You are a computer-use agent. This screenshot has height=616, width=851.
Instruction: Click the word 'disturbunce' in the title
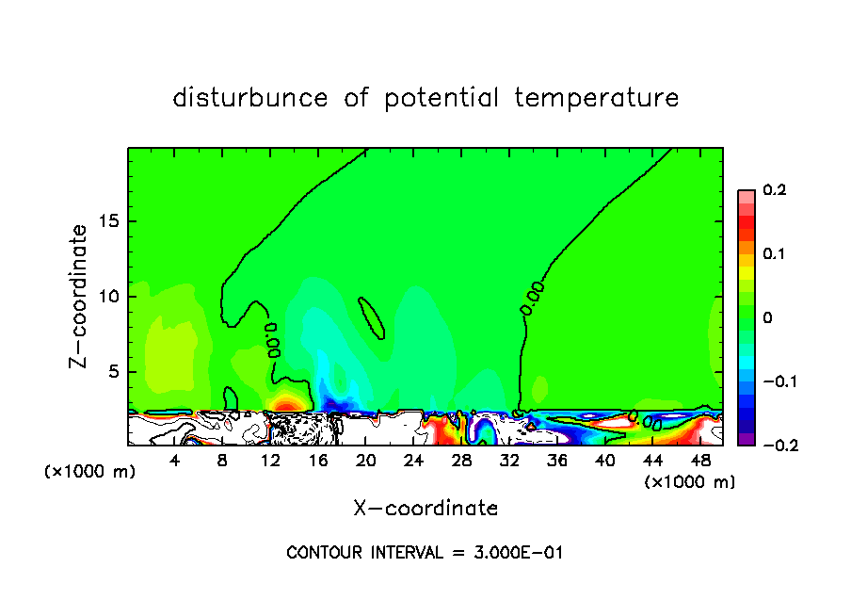[250, 98]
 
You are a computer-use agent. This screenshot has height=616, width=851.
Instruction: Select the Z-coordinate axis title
[81, 296]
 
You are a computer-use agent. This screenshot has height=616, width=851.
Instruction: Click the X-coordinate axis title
[425, 509]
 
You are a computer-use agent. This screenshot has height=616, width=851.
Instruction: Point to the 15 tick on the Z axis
[106, 221]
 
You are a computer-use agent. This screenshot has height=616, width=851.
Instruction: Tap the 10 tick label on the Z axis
[106, 297]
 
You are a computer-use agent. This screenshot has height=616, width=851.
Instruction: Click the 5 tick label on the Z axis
[111, 372]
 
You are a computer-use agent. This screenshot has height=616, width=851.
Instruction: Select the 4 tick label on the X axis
[175, 461]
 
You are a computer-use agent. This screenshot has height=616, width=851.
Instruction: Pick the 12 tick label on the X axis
[270, 461]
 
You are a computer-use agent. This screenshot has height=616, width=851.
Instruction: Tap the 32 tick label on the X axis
[508, 461]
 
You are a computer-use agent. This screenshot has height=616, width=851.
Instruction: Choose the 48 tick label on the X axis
[699, 461]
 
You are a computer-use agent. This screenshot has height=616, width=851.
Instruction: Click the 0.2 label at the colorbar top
[775, 190]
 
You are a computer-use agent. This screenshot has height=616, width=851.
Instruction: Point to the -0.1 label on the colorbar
[775, 381]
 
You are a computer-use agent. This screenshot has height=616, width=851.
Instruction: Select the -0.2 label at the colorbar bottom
[775, 445]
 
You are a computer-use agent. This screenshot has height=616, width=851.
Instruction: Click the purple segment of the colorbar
[746, 439]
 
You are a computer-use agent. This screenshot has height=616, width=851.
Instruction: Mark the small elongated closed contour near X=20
[372, 316]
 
